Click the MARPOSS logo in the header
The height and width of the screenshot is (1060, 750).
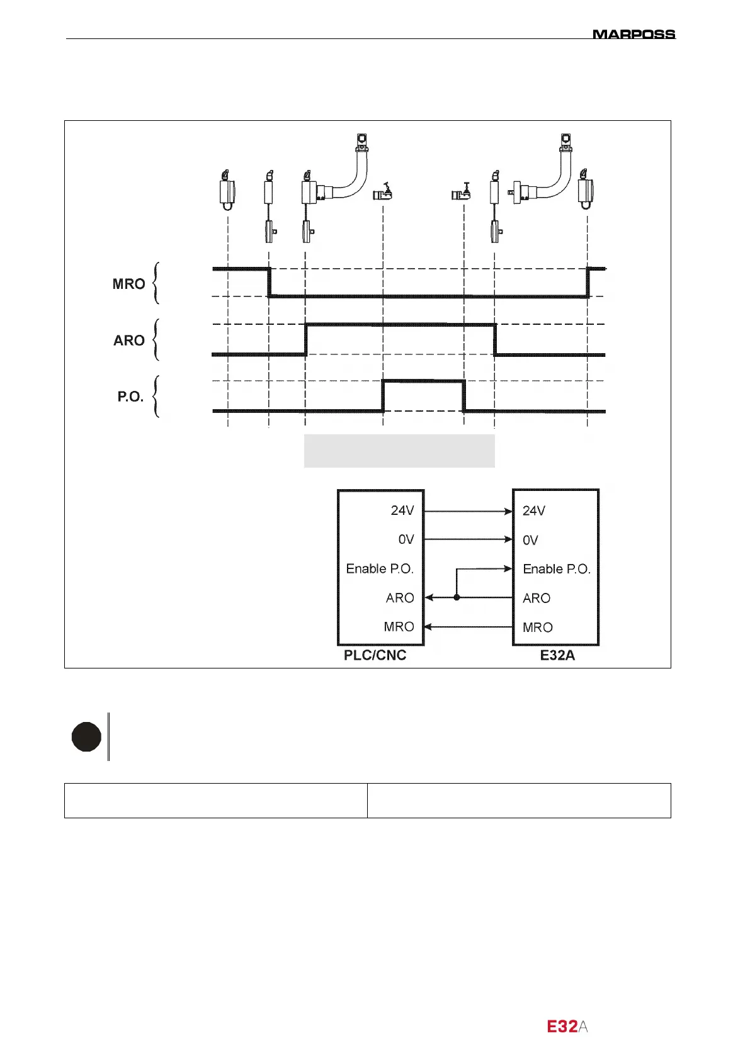[634, 34]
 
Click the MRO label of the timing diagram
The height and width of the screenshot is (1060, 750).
[129, 284]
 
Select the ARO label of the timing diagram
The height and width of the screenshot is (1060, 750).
[129, 341]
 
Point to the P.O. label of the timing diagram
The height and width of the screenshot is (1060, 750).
[130, 397]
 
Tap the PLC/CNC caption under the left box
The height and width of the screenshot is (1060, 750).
[375, 655]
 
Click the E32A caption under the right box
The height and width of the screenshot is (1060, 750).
[557, 655]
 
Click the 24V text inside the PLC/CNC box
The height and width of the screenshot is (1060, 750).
[402, 510]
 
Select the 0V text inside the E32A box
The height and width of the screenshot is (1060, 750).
[530, 540]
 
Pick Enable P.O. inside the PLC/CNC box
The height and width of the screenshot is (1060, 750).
[380, 569]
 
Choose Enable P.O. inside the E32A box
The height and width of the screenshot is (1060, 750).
[557, 569]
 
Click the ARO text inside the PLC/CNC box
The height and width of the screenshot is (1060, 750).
[400, 598]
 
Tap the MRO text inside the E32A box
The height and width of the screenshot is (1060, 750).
[537, 628]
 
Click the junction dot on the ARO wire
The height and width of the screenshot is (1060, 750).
[457, 597]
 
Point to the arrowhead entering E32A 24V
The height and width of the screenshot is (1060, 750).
[509, 511]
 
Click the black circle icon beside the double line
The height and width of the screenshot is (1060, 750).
[87, 737]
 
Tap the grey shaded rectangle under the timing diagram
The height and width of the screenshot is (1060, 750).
[399, 451]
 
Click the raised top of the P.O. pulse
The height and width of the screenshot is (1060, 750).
[424, 381]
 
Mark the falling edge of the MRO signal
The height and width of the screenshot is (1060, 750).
[270, 282]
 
